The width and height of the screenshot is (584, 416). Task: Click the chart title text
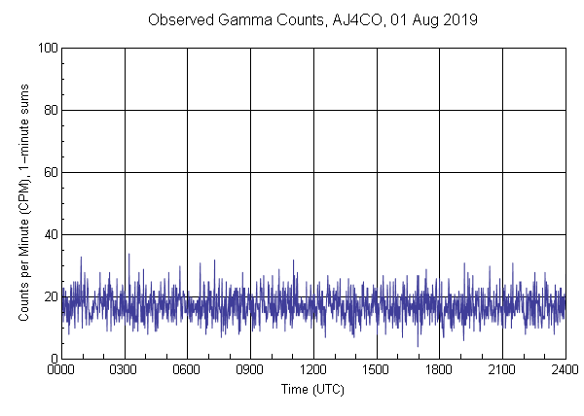click(312, 20)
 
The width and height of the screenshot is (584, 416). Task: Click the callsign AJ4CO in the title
click(344, 20)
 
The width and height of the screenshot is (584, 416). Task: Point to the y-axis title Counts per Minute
click(22, 203)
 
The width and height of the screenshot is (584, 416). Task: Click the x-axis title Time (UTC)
click(312, 390)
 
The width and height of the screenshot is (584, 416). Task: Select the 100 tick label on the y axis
click(46, 48)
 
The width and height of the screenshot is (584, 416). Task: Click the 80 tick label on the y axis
click(49, 110)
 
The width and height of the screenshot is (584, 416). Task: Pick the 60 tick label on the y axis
click(49, 172)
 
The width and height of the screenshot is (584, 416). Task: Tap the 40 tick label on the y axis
click(49, 234)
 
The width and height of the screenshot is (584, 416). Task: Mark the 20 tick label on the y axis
click(49, 296)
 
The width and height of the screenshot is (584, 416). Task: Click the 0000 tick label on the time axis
click(61, 370)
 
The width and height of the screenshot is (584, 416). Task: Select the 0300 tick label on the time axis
click(125, 370)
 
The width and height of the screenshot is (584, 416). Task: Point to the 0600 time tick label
click(187, 370)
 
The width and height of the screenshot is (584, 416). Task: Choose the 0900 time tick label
click(250, 370)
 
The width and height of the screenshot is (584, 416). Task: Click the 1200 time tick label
click(313, 370)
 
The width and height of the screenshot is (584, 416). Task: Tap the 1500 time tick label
click(376, 370)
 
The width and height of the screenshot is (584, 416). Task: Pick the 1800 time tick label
click(439, 370)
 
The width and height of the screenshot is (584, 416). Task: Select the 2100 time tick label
click(502, 370)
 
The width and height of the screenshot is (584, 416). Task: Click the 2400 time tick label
click(565, 370)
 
